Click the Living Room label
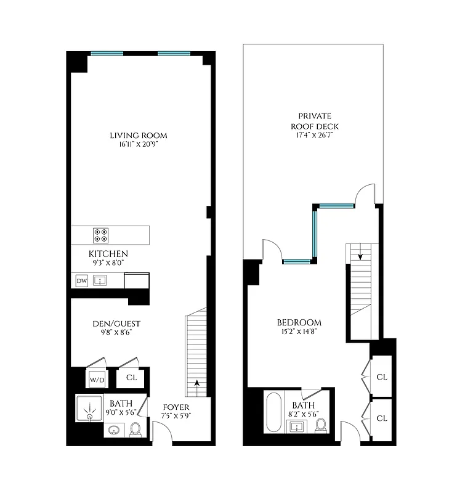[x=138, y=136]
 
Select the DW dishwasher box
[x=81, y=281]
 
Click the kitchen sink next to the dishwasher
[x=100, y=281]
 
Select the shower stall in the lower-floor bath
[x=91, y=407]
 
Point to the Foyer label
[x=175, y=407]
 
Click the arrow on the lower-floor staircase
[x=196, y=384]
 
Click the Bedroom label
[x=299, y=322]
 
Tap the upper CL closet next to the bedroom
[x=381, y=376]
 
